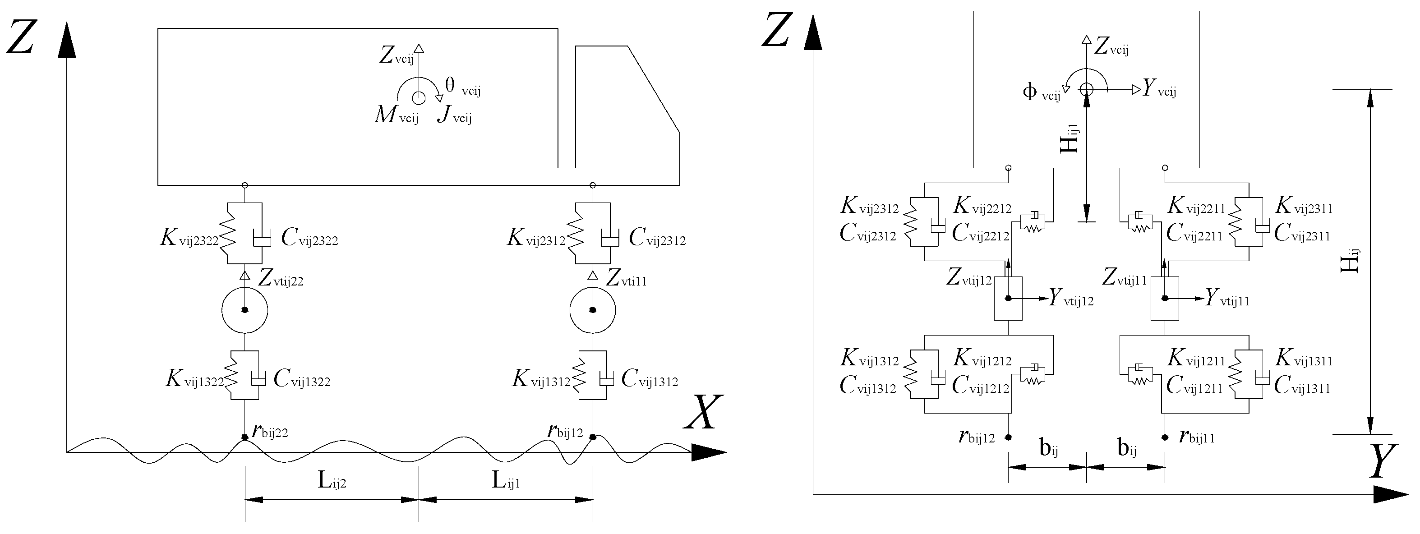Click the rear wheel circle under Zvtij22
coord(245,310)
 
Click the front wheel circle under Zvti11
coord(593,310)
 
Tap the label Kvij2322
coord(189,239)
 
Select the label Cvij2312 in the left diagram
coord(657,239)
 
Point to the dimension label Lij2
coord(332,481)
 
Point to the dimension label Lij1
coord(506,481)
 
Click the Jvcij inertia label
coord(454,116)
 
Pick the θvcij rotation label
coord(462,87)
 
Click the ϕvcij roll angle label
coord(1041,92)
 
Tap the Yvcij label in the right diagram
coord(1159,89)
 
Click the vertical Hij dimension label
coord(1350,261)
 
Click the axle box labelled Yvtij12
coord(1008,298)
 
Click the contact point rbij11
coord(1165,437)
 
